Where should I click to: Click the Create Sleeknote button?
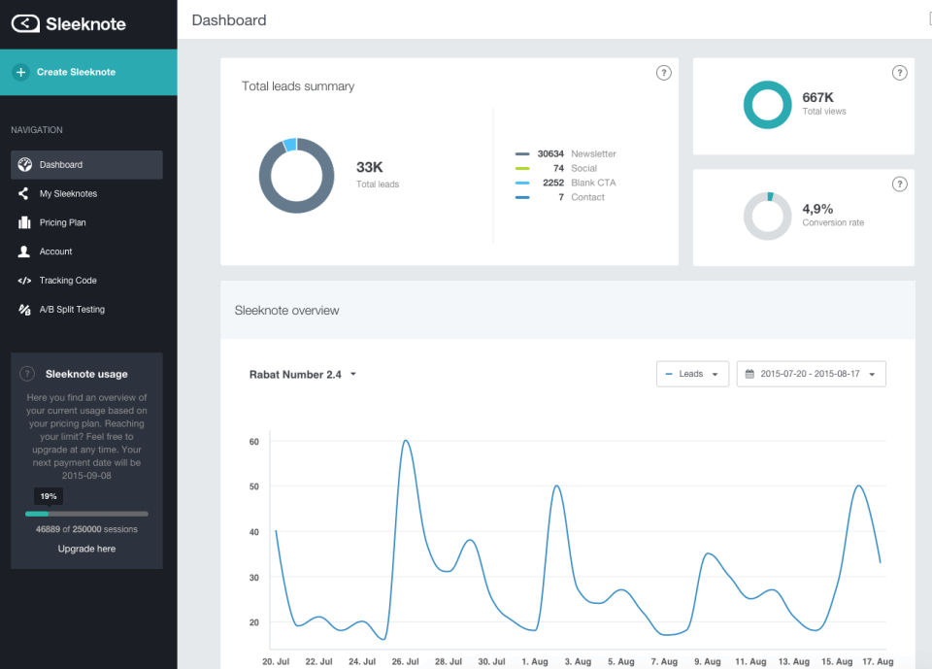(x=76, y=72)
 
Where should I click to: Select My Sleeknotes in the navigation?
(x=68, y=193)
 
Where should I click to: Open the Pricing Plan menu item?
(x=62, y=222)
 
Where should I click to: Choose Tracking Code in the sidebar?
(x=68, y=281)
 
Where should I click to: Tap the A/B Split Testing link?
(x=72, y=310)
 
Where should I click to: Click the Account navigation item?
(x=55, y=251)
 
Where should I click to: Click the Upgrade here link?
(x=86, y=549)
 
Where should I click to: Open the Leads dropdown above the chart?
(x=692, y=374)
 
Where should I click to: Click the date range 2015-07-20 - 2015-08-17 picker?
(x=811, y=374)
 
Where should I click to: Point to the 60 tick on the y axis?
(x=254, y=442)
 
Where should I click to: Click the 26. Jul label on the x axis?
(x=407, y=661)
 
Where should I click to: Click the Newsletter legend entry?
(x=593, y=153)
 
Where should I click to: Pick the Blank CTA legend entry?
(x=593, y=183)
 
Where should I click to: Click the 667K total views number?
(x=817, y=97)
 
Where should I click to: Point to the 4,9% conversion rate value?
(x=817, y=209)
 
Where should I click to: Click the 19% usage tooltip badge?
(x=49, y=496)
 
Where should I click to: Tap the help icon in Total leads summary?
(x=663, y=73)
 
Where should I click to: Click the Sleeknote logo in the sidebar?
(x=69, y=24)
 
